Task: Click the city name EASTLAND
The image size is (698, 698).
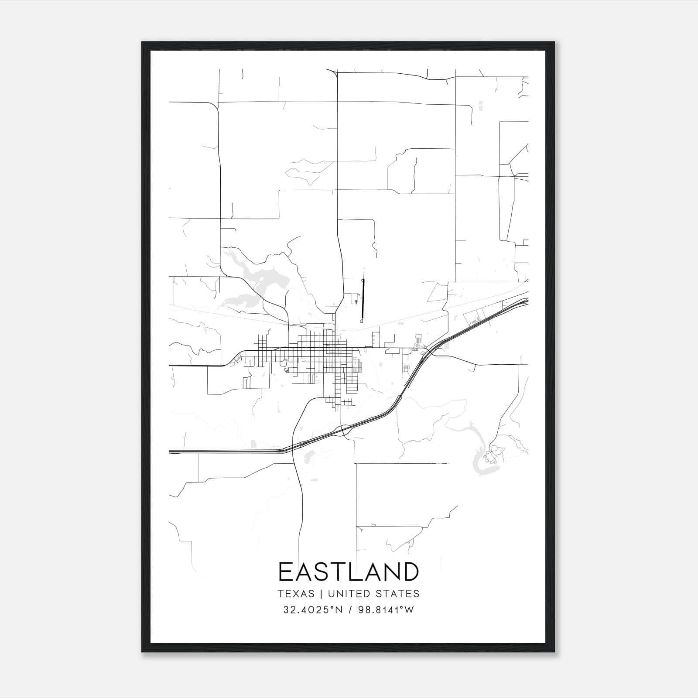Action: point(349,572)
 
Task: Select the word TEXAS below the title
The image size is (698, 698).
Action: point(295,594)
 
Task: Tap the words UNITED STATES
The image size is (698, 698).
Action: point(373,594)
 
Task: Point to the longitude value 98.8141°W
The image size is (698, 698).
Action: point(386,610)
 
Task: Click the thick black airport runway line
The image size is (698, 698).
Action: point(363,299)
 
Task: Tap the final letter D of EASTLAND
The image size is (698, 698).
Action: point(411,572)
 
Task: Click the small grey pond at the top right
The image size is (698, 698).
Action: point(481,105)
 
